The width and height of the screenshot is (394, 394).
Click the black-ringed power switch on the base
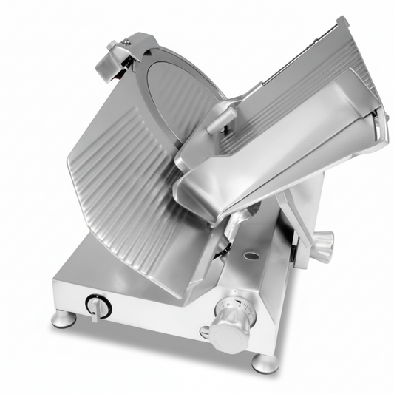pyautogui.click(x=97, y=306)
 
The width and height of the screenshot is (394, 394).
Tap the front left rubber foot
pyautogui.click(x=62, y=319)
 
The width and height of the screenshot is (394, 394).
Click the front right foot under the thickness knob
pyautogui.click(x=265, y=363)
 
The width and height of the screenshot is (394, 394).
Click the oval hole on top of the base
pyautogui.click(x=252, y=256)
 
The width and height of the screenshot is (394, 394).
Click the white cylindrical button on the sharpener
pyautogui.click(x=112, y=46)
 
